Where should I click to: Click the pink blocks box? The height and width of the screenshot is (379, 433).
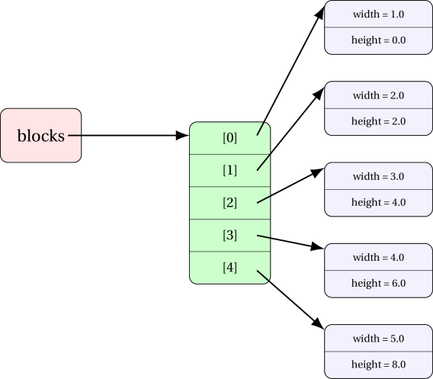tap(41, 136)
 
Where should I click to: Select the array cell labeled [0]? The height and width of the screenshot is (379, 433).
tap(229, 138)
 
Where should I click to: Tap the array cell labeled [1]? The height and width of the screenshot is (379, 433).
tap(229, 171)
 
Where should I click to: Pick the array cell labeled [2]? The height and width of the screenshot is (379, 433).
tap(229, 203)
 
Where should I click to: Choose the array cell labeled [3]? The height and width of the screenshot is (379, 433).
tap(229, 236)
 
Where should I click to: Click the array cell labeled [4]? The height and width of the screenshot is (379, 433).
tap(229, 268)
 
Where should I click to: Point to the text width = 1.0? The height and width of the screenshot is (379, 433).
tap(378, 14)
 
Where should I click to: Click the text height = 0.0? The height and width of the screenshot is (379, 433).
tap(378, 40)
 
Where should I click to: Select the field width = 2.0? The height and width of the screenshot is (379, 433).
tap(378, 95)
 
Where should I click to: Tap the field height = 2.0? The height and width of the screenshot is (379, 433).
tap(378, 121)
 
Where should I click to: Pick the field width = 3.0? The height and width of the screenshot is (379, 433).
tap(378, 176)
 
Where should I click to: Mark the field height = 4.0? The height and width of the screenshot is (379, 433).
tap(378, 203)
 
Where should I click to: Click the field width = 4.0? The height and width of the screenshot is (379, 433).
tap(378, 257)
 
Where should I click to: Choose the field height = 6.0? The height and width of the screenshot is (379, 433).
tap(378, 284)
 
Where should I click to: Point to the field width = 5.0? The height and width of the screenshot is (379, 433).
tap(378, 339)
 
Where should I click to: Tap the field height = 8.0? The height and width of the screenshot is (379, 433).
tap(378, 365)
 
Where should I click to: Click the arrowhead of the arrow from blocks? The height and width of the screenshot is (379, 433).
tap(182, 136)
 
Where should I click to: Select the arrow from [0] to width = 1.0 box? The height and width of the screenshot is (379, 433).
tap(290, 71)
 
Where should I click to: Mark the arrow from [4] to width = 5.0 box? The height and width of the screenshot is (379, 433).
tap(290, 300)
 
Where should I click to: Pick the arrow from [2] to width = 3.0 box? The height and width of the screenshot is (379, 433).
tap(290, 185)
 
